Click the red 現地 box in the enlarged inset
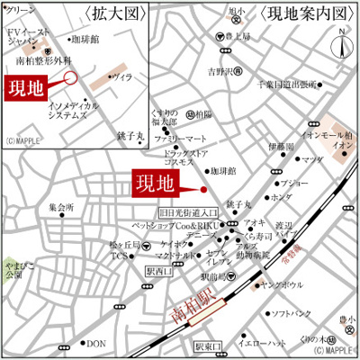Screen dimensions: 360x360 [x=26, y=87]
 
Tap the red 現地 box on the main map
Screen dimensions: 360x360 [x=154, y=183]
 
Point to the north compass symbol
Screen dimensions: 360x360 [x=341, y=42]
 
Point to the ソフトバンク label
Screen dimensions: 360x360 [x=292, y=313]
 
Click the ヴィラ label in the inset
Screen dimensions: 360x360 [x=120, y=78]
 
